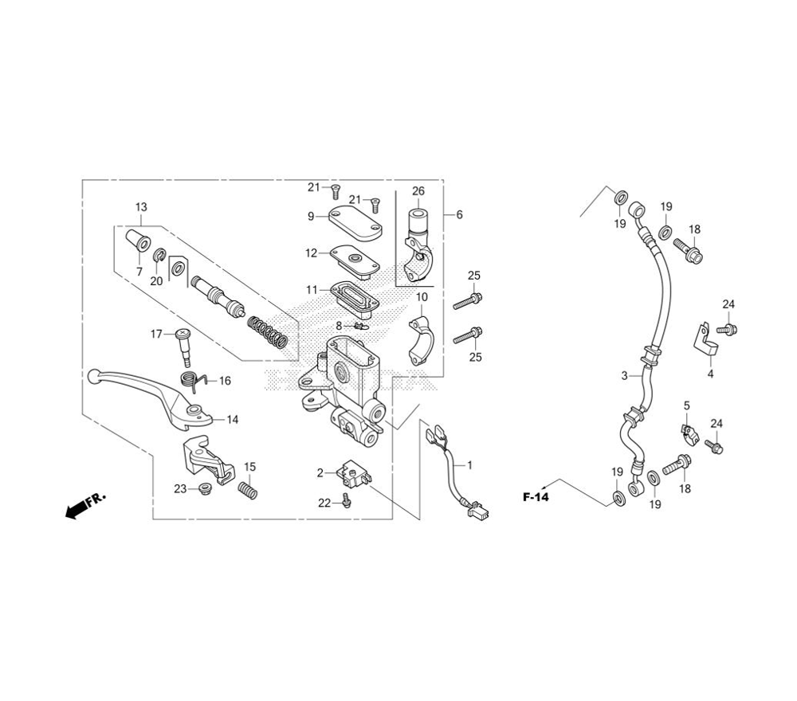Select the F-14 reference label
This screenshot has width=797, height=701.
click(x=536, y=497)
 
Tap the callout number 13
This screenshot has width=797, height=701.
click(x=141, y=207)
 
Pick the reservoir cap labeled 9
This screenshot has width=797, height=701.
click(x=355, y=223)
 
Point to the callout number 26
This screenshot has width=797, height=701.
click(x=418, y=191)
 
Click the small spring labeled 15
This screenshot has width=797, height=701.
click(x=248, y=489)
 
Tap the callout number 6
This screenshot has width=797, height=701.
click(x=460, y=214)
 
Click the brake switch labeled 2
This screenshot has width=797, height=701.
click(x=357, y=470)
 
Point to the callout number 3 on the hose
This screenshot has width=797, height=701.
click(x=625, y=376)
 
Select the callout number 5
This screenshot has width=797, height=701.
click(x=687, y=405)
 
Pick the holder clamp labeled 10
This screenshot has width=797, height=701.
click(x=421, y=340)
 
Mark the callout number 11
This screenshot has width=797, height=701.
click(x=312, y=289)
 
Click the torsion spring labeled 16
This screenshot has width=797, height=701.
click(x=193, y=382)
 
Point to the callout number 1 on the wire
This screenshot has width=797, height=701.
click(x=469, y=464)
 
